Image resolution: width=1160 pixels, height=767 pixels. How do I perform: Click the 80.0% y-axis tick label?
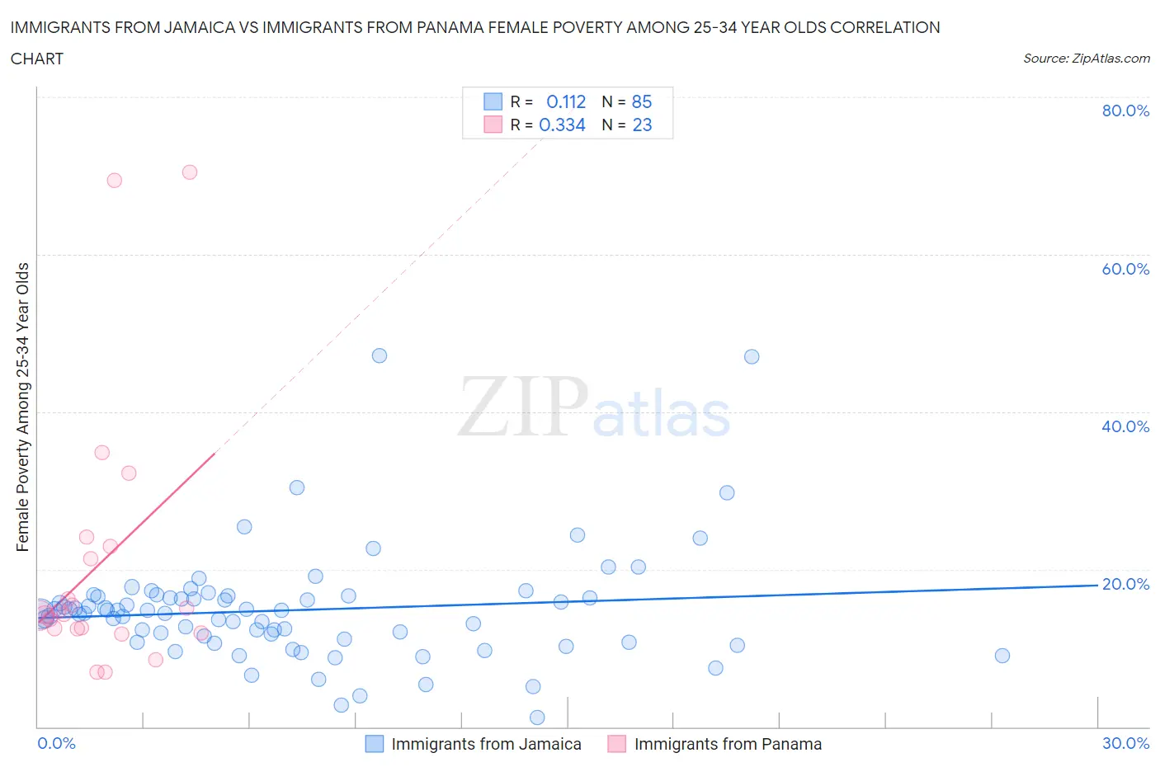click(1125, 111)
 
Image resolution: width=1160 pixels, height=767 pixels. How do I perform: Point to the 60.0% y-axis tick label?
click(1125, 269)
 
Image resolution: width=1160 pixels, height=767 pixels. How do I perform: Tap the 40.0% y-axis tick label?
click(1125, 426)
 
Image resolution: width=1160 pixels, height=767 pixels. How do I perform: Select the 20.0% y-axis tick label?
click(1125, 584)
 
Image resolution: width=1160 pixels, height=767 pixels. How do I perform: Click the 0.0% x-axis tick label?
click(56, 743)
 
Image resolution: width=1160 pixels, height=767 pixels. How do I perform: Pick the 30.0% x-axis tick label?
click(1125, 743)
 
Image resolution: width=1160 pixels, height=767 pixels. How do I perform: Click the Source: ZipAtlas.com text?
click(1086, 59)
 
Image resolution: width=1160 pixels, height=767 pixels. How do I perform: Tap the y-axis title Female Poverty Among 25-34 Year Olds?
click(23, 407)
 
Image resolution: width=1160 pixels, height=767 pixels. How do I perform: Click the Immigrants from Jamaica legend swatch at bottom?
click(375, 744)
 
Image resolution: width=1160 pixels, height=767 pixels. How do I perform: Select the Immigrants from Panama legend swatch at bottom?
click(616, 744)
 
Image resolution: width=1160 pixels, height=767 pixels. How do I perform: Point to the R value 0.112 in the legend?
click(566, 101)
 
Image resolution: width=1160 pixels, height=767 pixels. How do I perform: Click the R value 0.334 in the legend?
click(562, 125)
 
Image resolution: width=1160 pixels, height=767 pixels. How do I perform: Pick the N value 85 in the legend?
click(642, 101)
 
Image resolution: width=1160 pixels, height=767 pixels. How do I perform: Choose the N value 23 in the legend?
click(642, 125)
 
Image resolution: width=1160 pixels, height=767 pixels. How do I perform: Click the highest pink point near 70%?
click(190, 172)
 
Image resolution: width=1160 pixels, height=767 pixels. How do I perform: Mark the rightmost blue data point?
click(1002, 656)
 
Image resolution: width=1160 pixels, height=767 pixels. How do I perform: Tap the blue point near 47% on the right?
click(752, 357)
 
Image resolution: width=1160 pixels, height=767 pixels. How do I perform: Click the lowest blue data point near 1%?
click(537, 718)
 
